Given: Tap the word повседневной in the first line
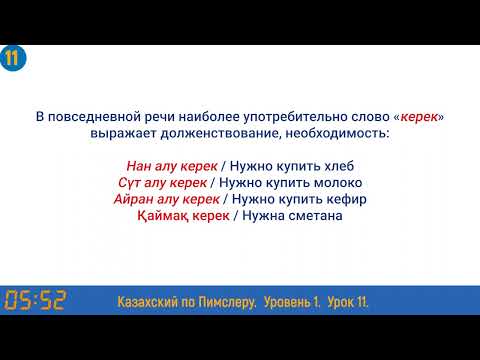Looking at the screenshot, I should pyautogui.click(x=99, y=117).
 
